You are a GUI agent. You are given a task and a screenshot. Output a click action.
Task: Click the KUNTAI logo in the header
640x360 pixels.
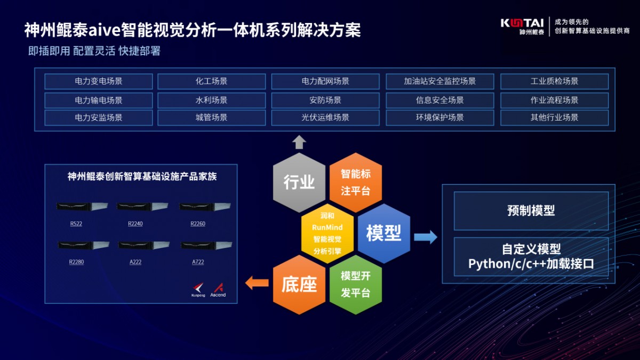point(522,26)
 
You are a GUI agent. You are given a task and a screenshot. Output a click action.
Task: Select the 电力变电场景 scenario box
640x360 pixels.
point(99,82)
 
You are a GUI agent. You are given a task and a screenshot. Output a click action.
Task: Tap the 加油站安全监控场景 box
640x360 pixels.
point(439,82)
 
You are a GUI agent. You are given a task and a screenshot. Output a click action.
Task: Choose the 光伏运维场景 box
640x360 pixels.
point(325,117)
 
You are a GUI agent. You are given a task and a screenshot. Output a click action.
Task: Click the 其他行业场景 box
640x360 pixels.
point(554,117)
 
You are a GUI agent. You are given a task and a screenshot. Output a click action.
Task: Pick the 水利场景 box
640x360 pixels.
point(211,100)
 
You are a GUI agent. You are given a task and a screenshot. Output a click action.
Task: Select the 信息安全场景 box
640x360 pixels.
point(439,100)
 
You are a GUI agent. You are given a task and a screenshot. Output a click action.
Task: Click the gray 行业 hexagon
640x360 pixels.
point(299,182)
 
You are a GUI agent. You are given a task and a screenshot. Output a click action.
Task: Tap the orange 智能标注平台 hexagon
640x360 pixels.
point(355,182)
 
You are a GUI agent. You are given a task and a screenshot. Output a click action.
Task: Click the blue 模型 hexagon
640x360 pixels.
point(383,234)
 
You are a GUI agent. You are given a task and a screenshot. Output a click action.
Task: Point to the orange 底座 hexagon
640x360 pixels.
point(299,285)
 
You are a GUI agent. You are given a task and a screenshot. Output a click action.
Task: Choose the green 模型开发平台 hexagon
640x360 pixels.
point(355,285)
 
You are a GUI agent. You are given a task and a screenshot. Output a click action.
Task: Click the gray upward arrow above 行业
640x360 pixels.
point(299,142)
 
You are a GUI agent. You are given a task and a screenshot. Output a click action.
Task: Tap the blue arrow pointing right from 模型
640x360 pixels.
point(425,237)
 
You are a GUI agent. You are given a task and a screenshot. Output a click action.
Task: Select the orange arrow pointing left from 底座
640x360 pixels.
point(257,283)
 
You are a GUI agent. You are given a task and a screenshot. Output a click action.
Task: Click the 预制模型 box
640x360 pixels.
point(531,211)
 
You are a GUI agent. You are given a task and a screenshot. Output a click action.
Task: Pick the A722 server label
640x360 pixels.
point(198,262)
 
